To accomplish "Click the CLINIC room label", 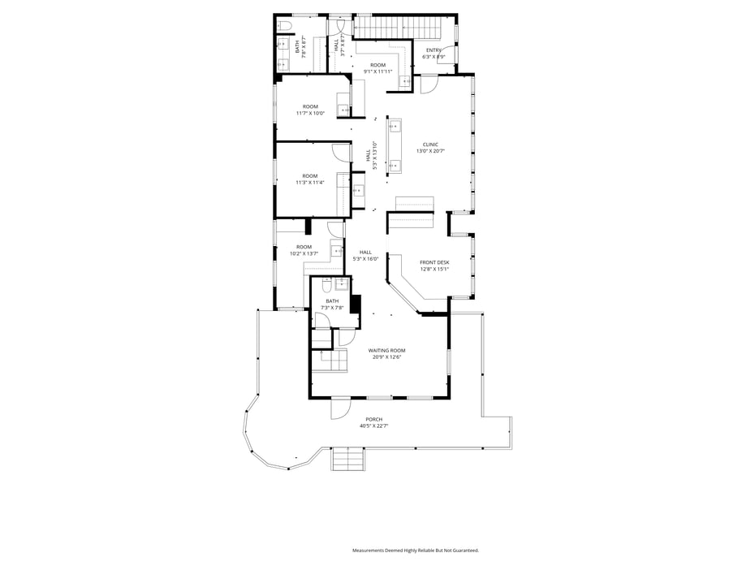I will (x=430, y=145).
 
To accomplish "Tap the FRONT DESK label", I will (x=434, y=262).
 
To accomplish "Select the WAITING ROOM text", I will (x=386, y=350).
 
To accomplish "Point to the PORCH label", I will (x=373, y=419).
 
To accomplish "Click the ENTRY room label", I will (x=434, y=50).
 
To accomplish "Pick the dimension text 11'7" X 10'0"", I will (x=310, y=113).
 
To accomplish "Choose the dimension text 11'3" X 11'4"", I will (x=309, y=183).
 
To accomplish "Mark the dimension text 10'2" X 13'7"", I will (x=304, y=254).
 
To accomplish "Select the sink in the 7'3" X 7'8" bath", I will (x=342, y=283).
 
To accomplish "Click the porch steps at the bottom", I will (x=349, y=460).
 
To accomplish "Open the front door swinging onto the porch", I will (x=339, y=408).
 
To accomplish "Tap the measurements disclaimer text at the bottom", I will (x=415, y=551).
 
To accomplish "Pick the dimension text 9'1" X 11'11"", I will (x=377, y=71).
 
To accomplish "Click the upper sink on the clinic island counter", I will (x=394, y=127).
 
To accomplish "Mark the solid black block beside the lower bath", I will (x=355, y=303).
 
